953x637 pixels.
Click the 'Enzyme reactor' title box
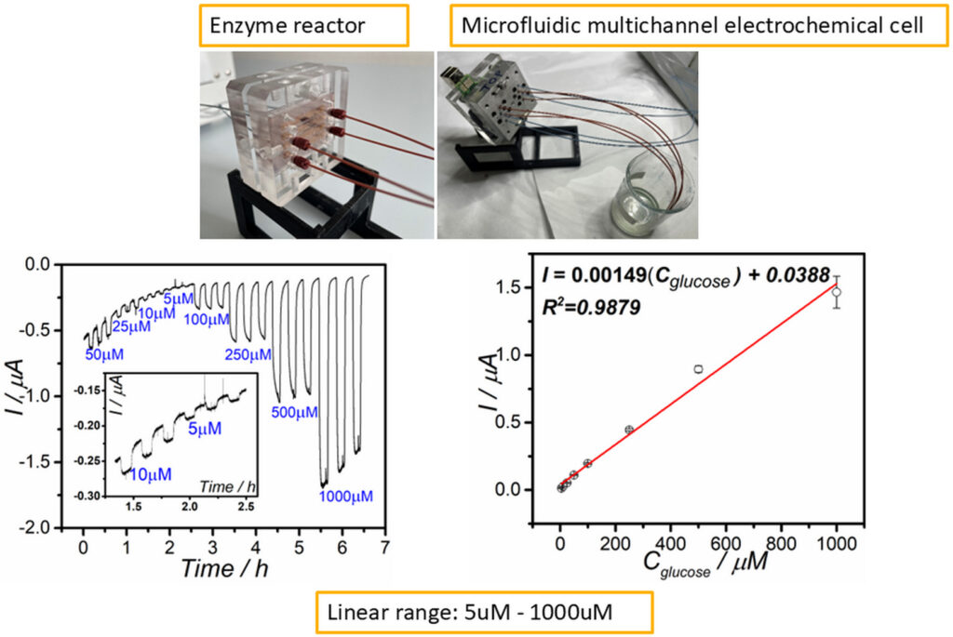303,27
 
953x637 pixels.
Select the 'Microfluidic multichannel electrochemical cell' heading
692,27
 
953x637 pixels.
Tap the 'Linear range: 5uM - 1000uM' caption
485,614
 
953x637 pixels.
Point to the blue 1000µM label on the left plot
345,496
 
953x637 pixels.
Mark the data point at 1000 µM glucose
837,292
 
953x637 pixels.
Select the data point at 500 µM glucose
698,369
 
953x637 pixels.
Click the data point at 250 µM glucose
629,430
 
